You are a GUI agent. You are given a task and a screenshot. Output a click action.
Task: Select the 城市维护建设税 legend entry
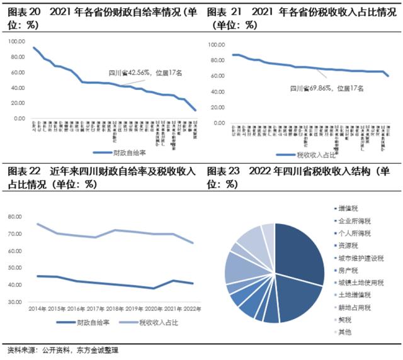tap(360, 258)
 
